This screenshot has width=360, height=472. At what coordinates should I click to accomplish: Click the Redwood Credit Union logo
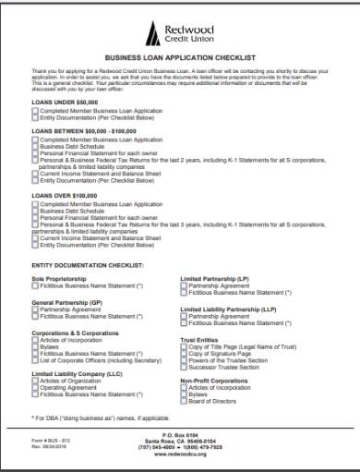[x=179, y=34]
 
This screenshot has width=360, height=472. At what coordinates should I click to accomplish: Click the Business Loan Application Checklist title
[x=180, y=56]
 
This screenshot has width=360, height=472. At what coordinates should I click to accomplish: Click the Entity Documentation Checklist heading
[x=88, y=264]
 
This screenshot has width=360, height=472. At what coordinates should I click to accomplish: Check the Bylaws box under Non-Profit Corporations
[x=184, y=394]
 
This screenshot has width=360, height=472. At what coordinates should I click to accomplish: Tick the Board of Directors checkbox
[x=184, y=401]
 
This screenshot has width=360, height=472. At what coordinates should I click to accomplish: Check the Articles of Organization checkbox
[x=35, y=381]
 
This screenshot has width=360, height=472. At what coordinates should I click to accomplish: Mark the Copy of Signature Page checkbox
[x=184, y=353]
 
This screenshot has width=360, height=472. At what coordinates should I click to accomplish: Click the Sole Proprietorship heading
[x=57, y=278]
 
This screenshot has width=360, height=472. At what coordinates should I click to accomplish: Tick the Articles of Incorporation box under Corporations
[x=35, y=339]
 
